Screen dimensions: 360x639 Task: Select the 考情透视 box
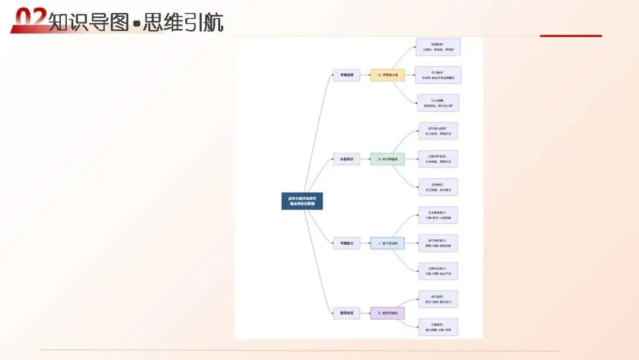tap(346, 75)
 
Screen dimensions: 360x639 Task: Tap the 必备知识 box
tap(346, 159)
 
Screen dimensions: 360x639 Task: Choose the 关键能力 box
tap(346, 243)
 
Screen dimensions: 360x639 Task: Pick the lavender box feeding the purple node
tap(346, 313)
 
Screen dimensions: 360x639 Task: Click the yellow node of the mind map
tap(388, 75)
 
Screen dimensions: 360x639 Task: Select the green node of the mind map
tap(388, 159)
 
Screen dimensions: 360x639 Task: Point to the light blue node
tap(388, 243)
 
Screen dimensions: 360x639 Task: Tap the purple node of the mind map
tap(388, 313)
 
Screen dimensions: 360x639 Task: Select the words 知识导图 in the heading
tap(88, 22)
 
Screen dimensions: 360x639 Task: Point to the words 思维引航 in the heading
tap(183, 22)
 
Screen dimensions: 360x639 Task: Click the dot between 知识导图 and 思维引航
tap(136, 24)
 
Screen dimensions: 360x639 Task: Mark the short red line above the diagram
tap(570, 36)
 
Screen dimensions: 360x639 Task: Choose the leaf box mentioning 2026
tap(438, 103)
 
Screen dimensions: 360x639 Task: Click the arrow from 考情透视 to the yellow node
tap(365, 75)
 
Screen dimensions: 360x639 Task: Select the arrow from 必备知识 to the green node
tap(365, 159)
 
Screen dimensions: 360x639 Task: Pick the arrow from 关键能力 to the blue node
tap(365, 243)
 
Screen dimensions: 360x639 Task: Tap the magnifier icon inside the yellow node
tap(378, 75)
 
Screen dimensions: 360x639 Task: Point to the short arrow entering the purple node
tap(365, 313)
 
